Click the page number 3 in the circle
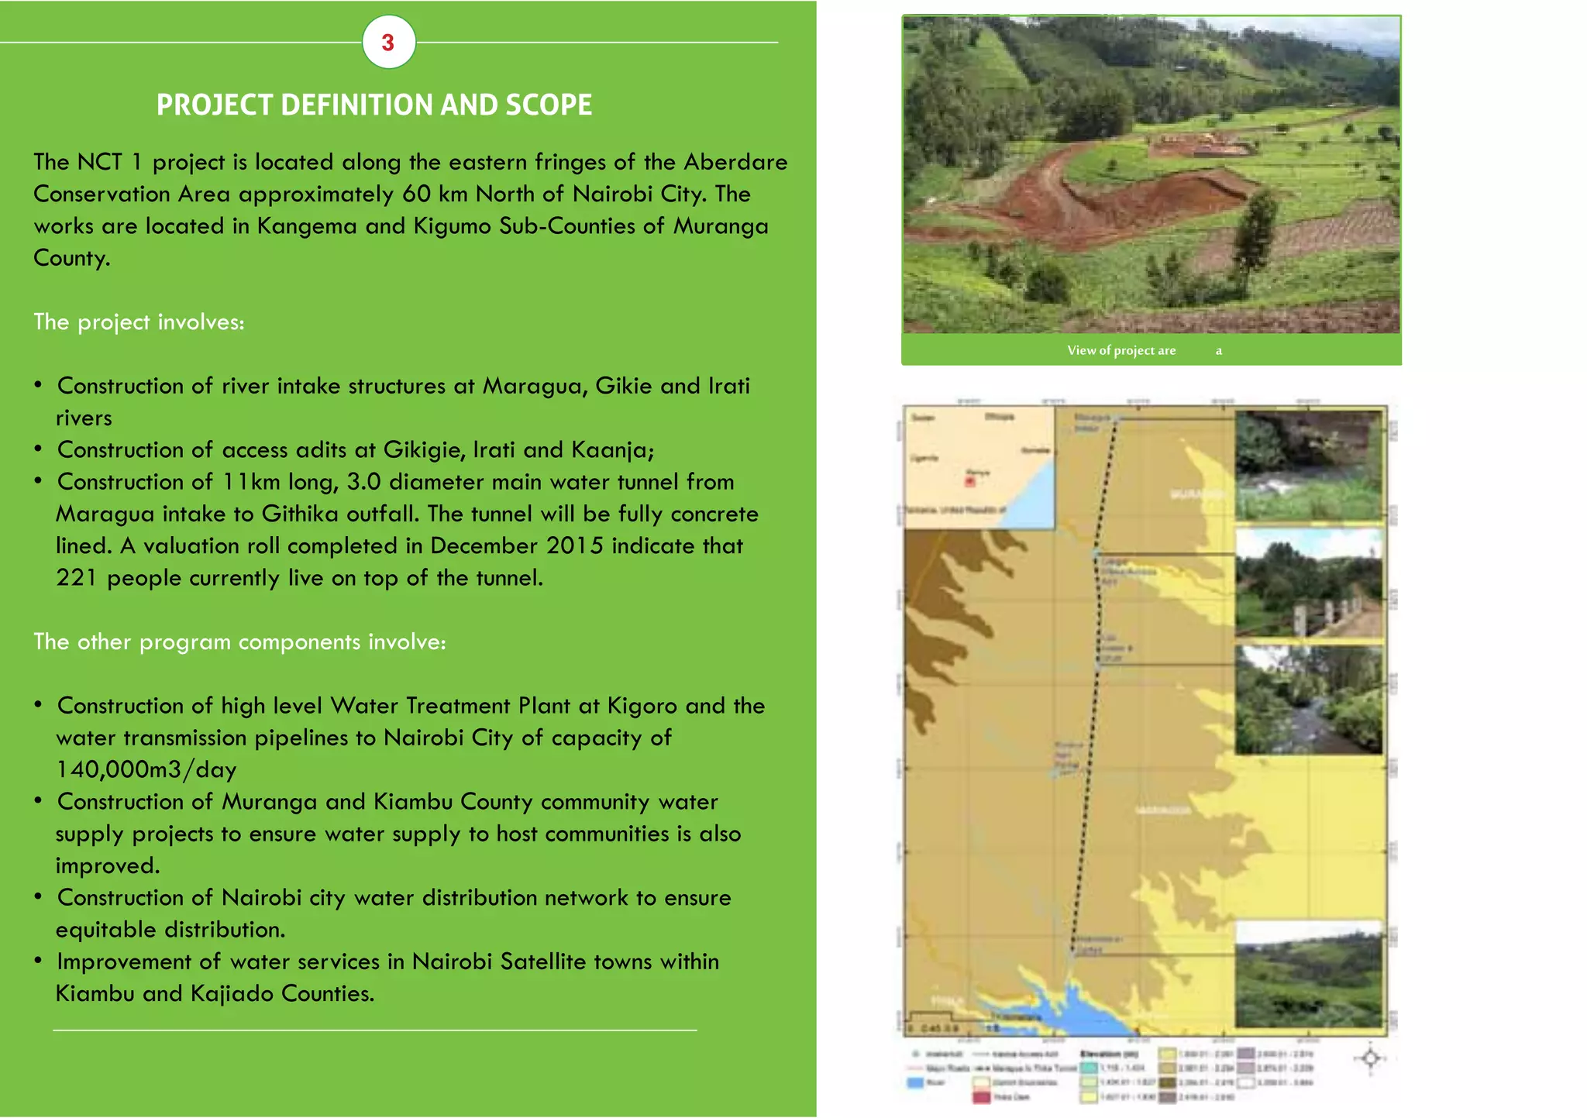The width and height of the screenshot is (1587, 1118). coord(388,43)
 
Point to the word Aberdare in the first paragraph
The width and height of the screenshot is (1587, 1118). coord(735,162)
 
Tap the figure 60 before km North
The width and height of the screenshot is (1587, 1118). coord(416,194)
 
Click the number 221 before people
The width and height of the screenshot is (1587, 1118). coord(77,578)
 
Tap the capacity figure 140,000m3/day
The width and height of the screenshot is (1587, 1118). coord(146,770)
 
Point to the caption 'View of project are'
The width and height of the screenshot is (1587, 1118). coord(1121,351)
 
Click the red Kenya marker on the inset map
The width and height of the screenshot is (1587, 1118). coord(969,482)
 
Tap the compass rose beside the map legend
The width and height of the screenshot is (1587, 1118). coord(1370,1058)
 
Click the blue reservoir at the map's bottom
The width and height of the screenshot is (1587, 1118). coord(1085,1007)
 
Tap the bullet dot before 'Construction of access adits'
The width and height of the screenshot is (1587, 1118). coord(38,449)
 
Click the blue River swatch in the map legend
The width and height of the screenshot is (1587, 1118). coord(916,1082)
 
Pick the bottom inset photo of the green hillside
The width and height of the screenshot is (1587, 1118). coord(1308,975)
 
